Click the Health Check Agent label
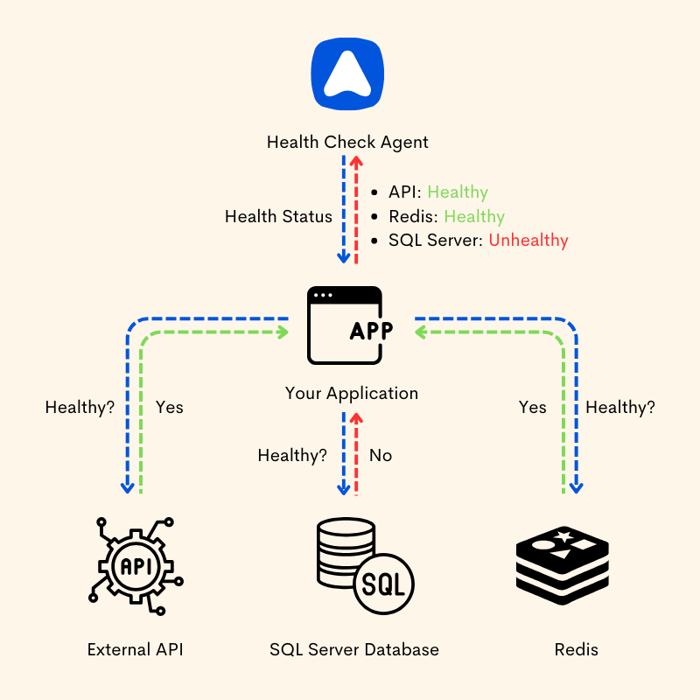pyautogui.click(x=347, y=142)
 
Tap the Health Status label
pyautogui.click(x=278, y=216)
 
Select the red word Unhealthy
pyautogui.click(x=528, y=240)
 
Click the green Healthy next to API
pyautogui.click(x=458, y=192)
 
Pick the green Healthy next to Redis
pyautogui.click(x=474, y=216)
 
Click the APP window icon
pyautogui.click(x=345, y=325)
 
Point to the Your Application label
pyautogui.click(x=351, y=393)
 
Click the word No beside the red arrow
pyautogui.click(x=381, y=455)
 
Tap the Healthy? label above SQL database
pyautogui.click(x=292, y=455)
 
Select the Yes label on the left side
pyautogui.click(x=169, y=407)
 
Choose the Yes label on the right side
pyautogui.click(x=532, y=407)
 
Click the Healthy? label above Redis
pyautogui.click(x=619, y=407)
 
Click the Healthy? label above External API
pyautogui.click(x=80, y=407)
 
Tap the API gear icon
pyautogui.click(x=136, y=564)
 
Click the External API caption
pyautogui.click(x=136, y=649)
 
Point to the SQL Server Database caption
pyautogui.click(x=353, y=649)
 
